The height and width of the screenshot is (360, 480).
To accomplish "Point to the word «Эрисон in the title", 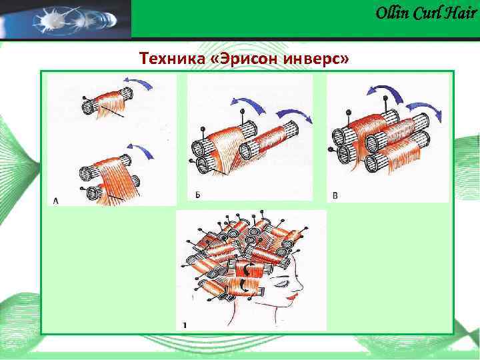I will (242, 59).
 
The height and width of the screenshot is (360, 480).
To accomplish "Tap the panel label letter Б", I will (197, 195).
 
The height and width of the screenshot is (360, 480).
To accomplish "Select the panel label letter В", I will (335, 195).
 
